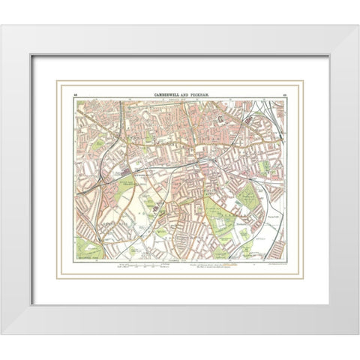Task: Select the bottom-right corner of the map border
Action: coord(286,257)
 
